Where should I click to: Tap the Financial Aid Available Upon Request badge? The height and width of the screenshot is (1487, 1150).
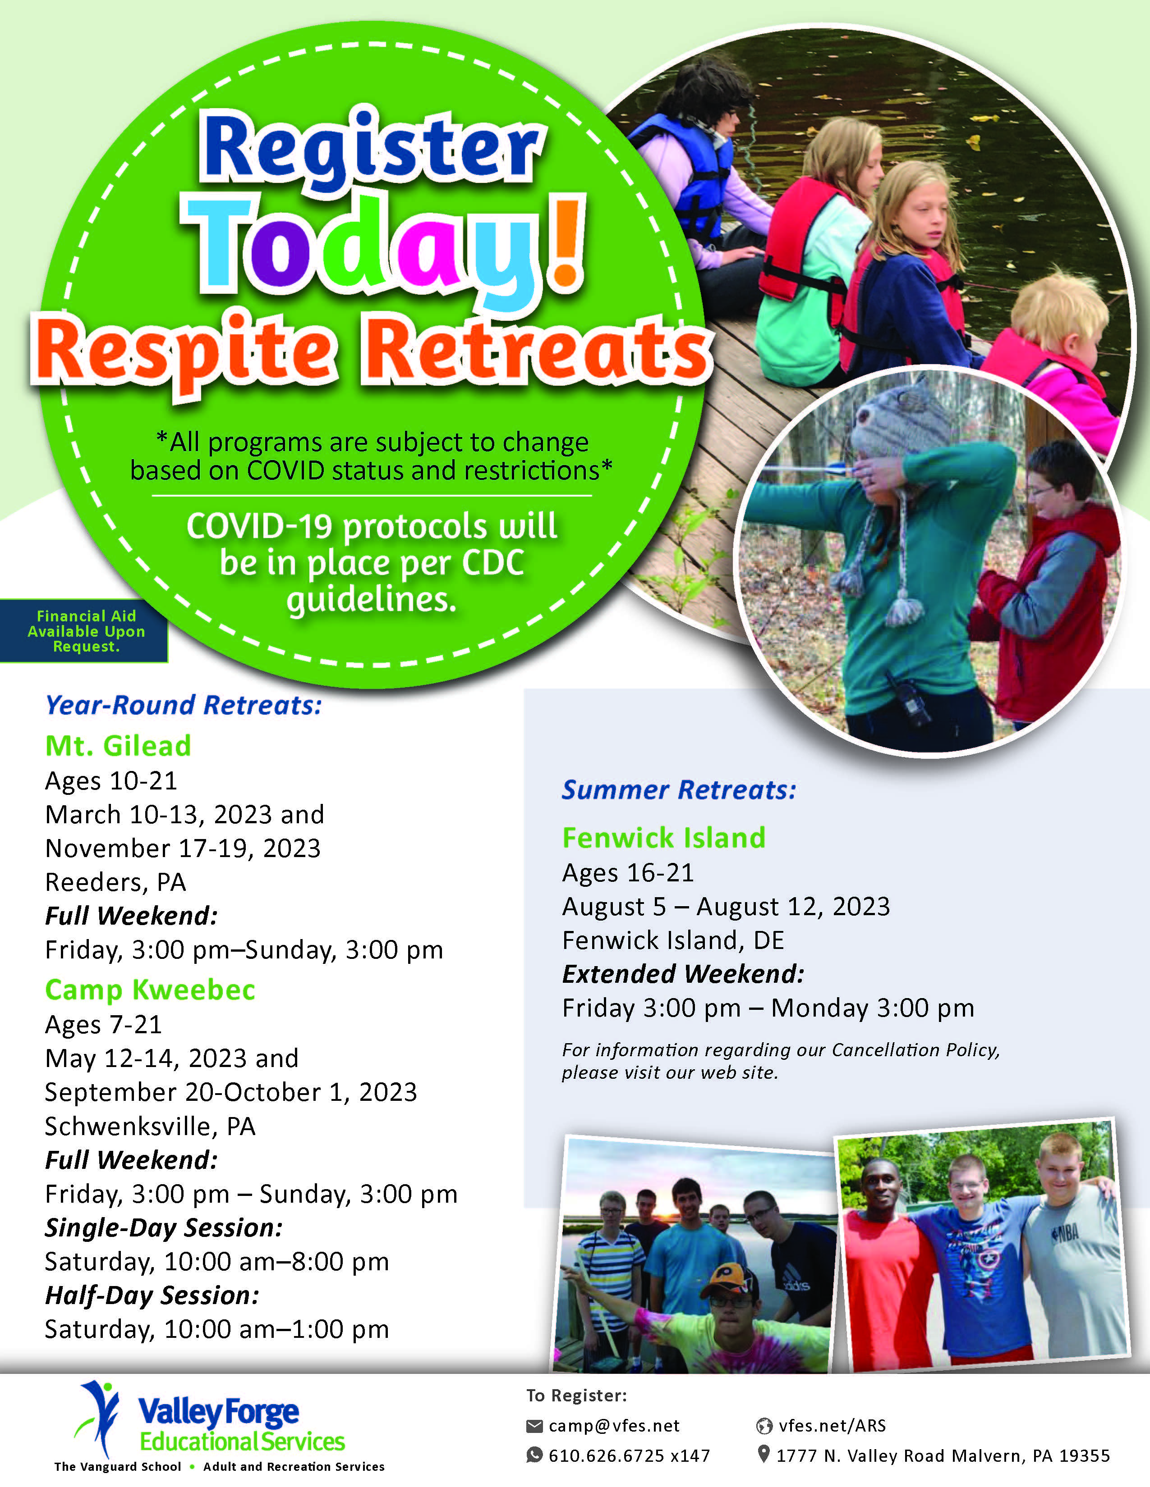[x=84, y=630]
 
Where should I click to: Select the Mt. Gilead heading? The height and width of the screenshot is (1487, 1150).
[x=118, y=746]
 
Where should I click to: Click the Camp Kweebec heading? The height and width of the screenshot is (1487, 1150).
[x=150, y=989]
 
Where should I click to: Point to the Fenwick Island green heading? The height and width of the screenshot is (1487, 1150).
[x=663, y=838]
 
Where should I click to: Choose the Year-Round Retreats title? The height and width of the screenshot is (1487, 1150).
[x=183, y=705]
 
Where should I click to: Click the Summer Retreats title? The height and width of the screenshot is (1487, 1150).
[x=679, y=790]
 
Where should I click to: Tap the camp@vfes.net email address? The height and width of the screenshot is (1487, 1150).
[x=614, y=1426]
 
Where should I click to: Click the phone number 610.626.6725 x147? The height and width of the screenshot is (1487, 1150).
[x=629, y=1455]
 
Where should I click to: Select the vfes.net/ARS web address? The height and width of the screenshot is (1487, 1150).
[x=832, y=1426]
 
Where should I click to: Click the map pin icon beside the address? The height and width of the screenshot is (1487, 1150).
[x=764, y=1454]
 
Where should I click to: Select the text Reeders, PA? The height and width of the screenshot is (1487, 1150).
[x=115, y=882]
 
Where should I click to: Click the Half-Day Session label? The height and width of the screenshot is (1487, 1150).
[x=152, y=1295]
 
